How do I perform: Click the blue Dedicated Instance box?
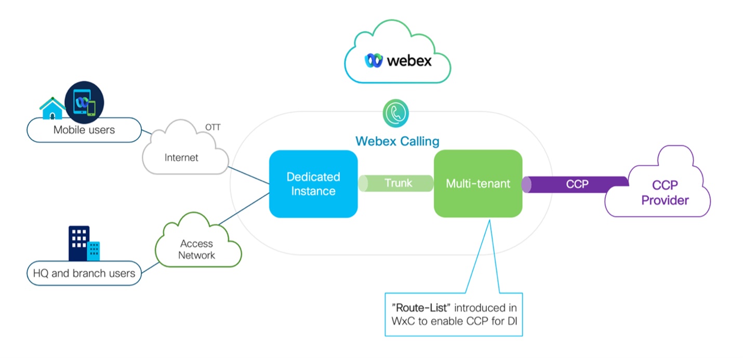[x=313, y=184]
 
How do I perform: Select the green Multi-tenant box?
[x=477, y=184]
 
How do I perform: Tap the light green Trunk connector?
[x=396, y=183]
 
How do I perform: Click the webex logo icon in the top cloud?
[x=374, y=61]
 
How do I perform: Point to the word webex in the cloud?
[x=409, y=61]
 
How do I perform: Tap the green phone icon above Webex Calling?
[x=395, y=114]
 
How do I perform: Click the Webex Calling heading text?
[x=397, y=141]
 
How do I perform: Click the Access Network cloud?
[x=197, y=244]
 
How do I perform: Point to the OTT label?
[x=213, y=127]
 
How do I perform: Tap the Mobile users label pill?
[x=84, y=130]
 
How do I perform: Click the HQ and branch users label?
[x=84, y=273]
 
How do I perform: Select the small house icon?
[x=52, y=108]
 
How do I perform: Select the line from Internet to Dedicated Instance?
[x=248, y=175]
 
